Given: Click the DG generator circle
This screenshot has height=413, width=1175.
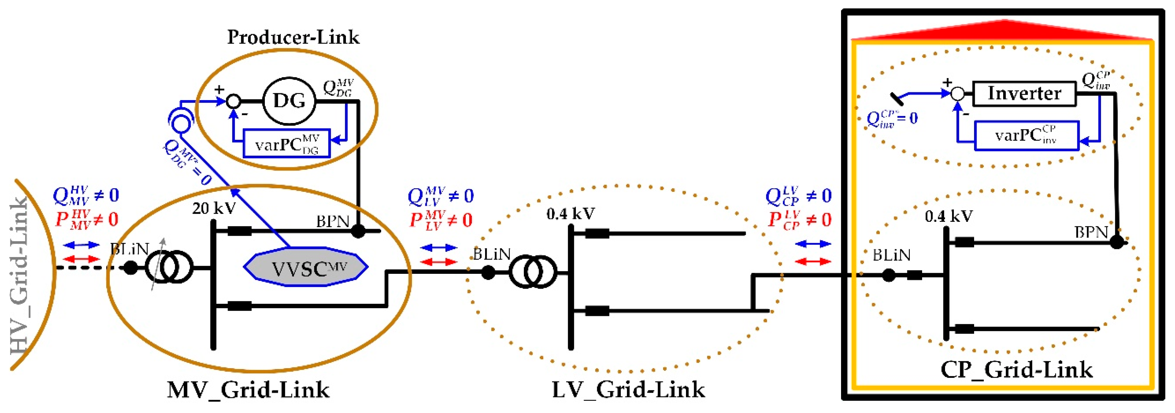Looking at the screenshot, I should click(x=289, y=101).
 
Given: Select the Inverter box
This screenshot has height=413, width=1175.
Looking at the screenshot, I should click(x=1024, y=93).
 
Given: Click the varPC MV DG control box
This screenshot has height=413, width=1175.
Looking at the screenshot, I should click(x=286, y=144).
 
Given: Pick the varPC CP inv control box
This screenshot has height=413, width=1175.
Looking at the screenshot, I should click(x=1026, y=135).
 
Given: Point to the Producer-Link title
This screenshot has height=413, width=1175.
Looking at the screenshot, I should click(x=293, y=37).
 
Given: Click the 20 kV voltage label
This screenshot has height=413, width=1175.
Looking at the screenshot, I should click(x=213, y=208).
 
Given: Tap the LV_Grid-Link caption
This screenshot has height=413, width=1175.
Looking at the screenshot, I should click(x=628, y=390).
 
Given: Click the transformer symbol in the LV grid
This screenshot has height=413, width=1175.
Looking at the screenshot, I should click(x=533, y=272).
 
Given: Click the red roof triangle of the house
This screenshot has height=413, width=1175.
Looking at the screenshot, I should click(x=1003, y=31).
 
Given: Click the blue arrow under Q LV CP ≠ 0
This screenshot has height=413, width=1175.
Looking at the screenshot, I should click(x=813, y=244).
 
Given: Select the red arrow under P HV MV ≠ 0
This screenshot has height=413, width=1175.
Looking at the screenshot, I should click(x=81, y=259).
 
